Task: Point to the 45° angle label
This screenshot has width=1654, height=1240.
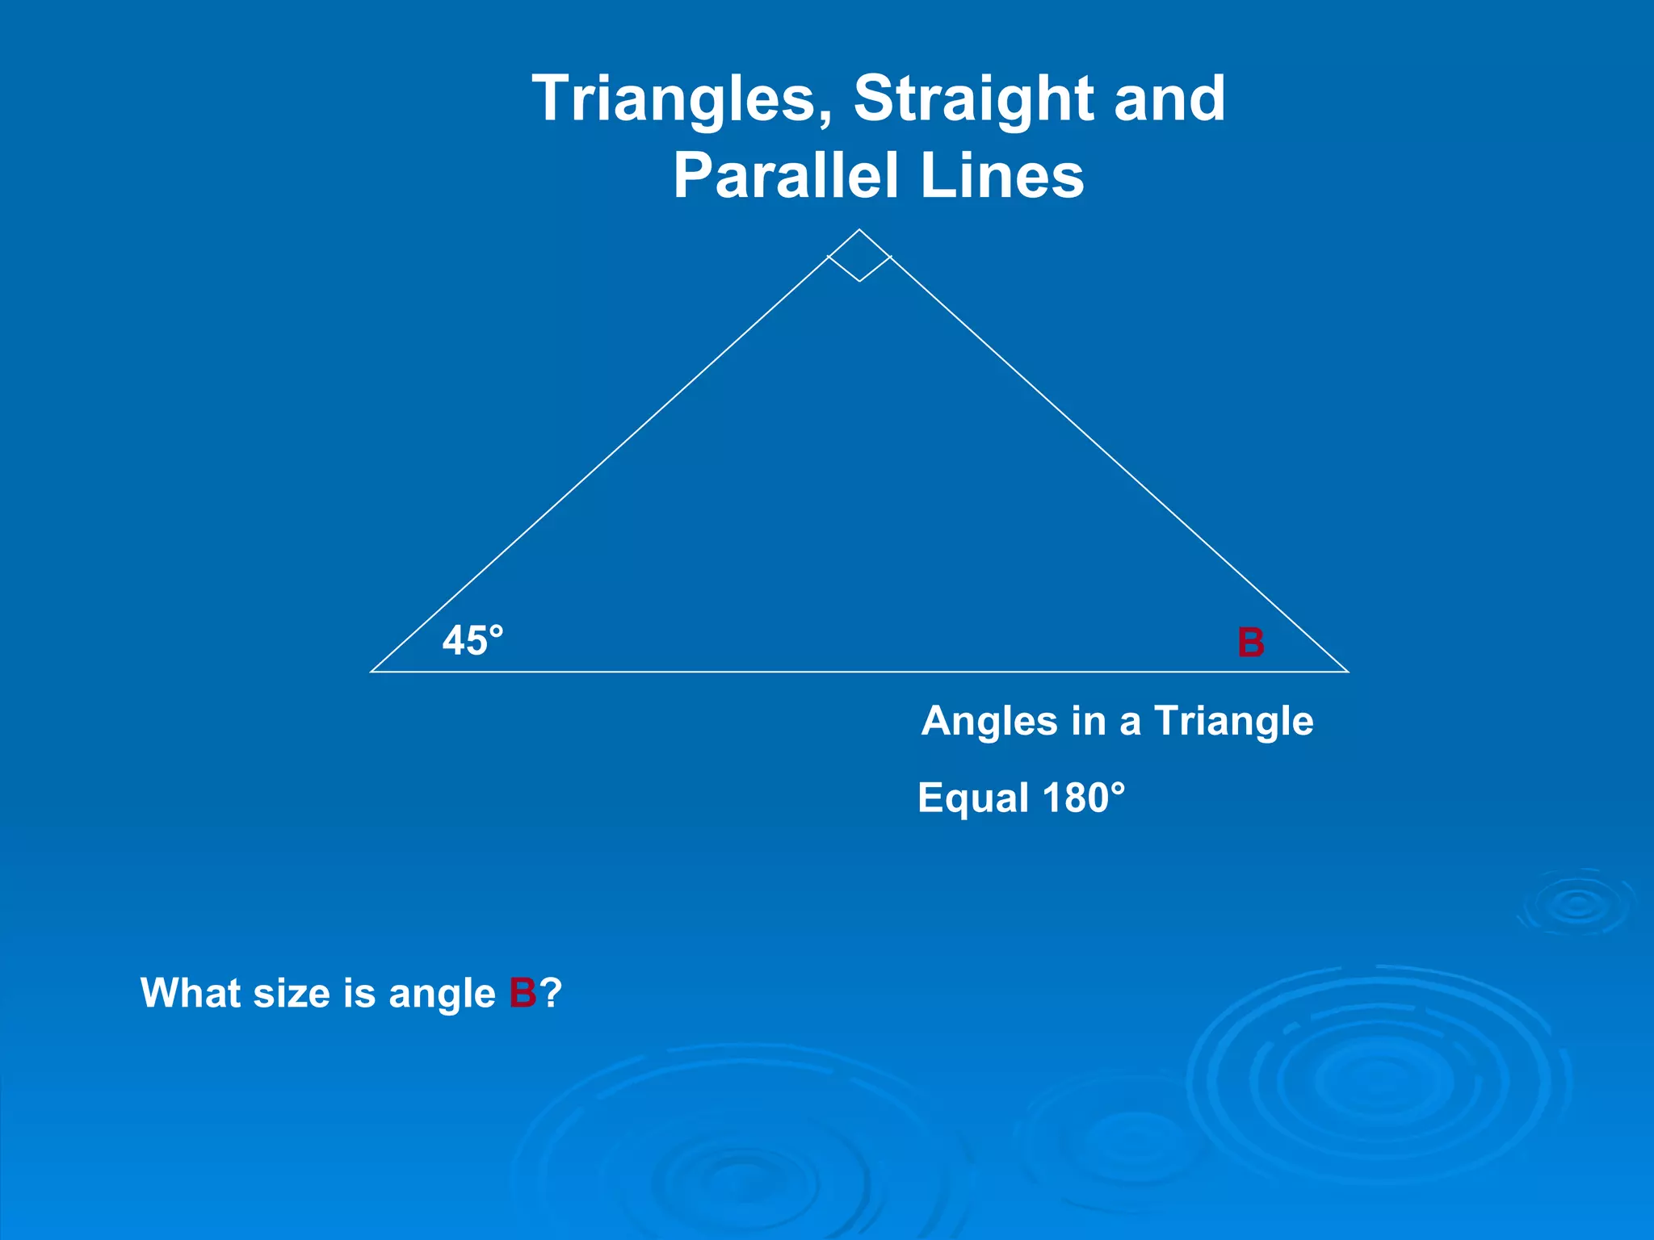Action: [472, 642]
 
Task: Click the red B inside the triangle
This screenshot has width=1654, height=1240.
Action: [1251, 643]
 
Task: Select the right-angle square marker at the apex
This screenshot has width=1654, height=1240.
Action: [859, 256]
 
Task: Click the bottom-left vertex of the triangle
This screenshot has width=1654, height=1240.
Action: [372, 671]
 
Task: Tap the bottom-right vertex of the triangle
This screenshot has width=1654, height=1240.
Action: [1347, 671]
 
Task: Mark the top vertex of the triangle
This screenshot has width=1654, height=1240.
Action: [859, 230]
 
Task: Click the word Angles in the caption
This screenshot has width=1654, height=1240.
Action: [989, 722]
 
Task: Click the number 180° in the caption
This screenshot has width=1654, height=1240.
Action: [1083, 798]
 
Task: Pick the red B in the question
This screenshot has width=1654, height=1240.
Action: [523, 993]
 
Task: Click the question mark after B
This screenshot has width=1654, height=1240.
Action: [550, 993]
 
